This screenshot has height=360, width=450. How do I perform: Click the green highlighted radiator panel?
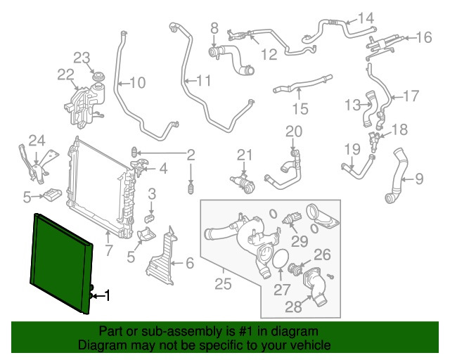(61, 264)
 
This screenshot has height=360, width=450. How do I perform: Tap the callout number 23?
(82, 58)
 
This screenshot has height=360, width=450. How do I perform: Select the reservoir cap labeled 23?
(97, 77)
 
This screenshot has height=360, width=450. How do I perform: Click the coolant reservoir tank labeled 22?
(84, 105)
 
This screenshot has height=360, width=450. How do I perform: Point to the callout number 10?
(138, 83)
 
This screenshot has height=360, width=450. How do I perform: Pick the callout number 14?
(366, 18)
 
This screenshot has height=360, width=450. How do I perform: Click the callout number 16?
(423, 37)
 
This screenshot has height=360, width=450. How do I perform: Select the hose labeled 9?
(397, 175)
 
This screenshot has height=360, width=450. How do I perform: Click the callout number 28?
(293, 307)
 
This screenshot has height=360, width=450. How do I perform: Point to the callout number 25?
(223, 284)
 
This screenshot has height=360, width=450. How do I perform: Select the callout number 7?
(108, 250)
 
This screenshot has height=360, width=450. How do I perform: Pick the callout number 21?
(245, 155)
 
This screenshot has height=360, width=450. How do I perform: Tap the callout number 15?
(300, 109)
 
